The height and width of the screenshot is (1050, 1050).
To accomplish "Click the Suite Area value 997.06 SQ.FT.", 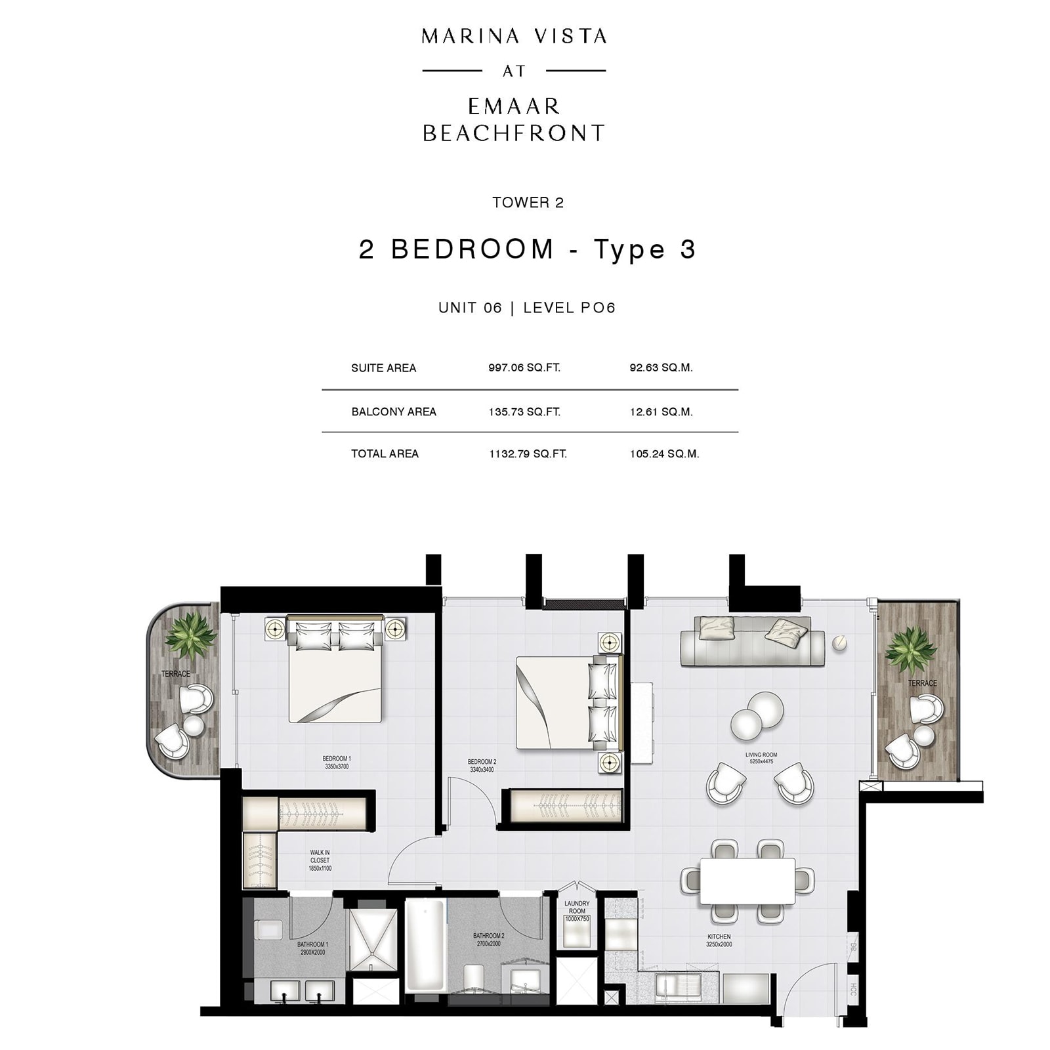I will point(524,367).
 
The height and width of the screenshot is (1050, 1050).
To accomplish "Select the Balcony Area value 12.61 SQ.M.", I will point(661,411).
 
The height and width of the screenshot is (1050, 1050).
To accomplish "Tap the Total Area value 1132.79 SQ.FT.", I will point(528,453).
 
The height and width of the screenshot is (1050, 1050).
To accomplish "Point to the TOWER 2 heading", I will point(528,202).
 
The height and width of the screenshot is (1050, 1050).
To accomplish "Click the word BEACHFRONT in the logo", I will point(513,133).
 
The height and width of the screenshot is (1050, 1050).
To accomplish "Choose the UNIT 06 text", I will point(470,308).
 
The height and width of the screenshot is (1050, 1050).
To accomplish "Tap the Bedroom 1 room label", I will point(337,763).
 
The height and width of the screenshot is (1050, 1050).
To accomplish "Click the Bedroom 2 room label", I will point(482,766).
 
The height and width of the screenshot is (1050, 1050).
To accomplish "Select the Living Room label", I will point(761,758).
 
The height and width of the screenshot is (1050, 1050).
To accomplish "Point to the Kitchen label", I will point(719,940).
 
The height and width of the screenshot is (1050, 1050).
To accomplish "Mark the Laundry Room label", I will point(577,908).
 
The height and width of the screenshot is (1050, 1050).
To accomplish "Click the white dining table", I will point(747,881).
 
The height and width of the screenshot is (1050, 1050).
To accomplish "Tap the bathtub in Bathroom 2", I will point(425,944).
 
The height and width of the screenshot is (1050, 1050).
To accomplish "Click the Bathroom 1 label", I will point(312,948).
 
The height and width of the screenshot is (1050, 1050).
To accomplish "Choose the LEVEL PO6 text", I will point(569,308).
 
